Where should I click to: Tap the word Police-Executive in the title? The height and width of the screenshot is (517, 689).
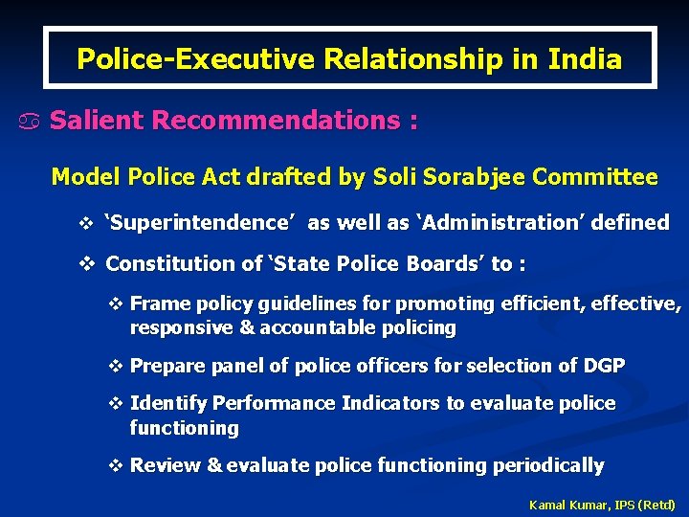[196, 59]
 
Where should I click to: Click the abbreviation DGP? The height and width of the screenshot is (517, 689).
[603, 366]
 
